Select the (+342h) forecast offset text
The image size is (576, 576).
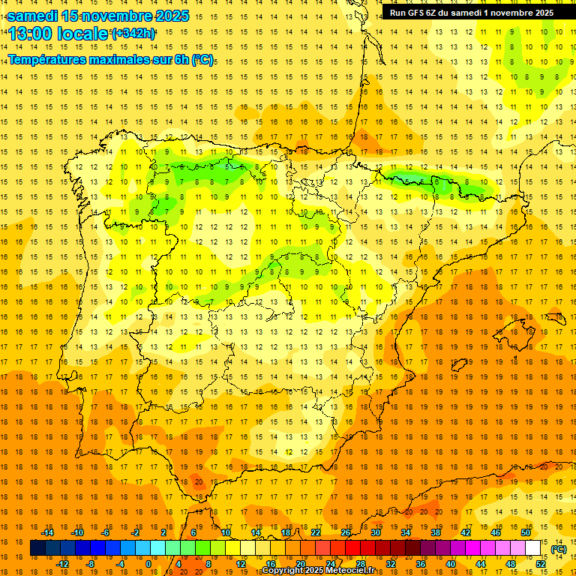point(133,33)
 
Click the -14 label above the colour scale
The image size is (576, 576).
point(47,532)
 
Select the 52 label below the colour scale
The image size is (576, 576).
point(540,564)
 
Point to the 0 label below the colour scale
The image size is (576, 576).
point(148,564)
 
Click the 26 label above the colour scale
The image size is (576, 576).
point(346,532)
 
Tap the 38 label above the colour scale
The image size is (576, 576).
point(436,532)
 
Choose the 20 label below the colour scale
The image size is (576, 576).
point(300,564)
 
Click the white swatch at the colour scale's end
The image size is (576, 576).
point(532,548)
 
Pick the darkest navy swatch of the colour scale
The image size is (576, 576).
point(37,548)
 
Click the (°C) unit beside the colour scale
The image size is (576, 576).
point(558,549)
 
